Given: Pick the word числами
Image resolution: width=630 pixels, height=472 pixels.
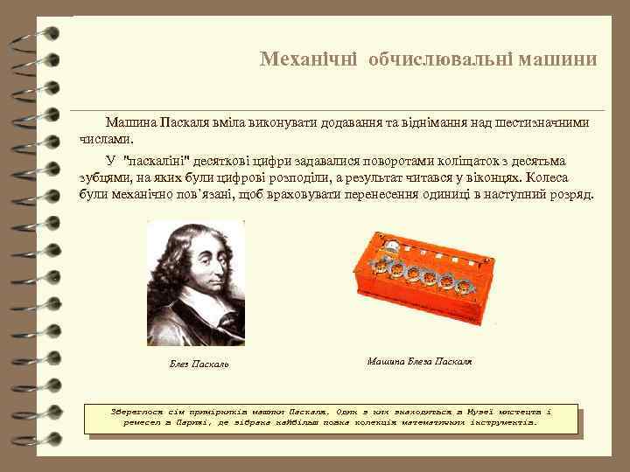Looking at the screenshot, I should pos(108,139).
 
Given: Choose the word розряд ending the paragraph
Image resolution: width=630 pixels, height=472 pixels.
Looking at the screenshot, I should pos(570,192).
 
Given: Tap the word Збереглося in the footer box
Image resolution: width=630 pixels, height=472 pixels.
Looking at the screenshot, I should pos(138,410).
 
